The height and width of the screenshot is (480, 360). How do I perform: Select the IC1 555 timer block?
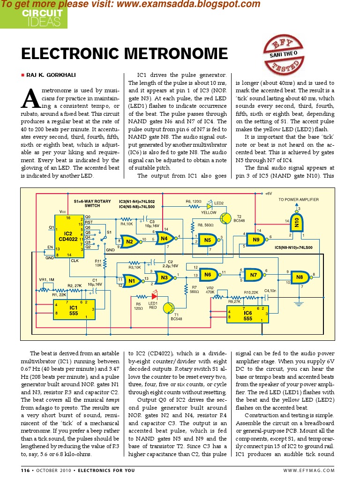73,310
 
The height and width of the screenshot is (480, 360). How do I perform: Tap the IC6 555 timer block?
247,313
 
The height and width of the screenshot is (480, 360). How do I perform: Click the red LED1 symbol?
153,296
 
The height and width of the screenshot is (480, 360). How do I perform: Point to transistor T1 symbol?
169,308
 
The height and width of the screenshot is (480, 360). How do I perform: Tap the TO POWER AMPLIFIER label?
298,200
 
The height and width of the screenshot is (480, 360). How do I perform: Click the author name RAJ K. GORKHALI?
51,75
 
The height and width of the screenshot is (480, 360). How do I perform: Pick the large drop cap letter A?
30,98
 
